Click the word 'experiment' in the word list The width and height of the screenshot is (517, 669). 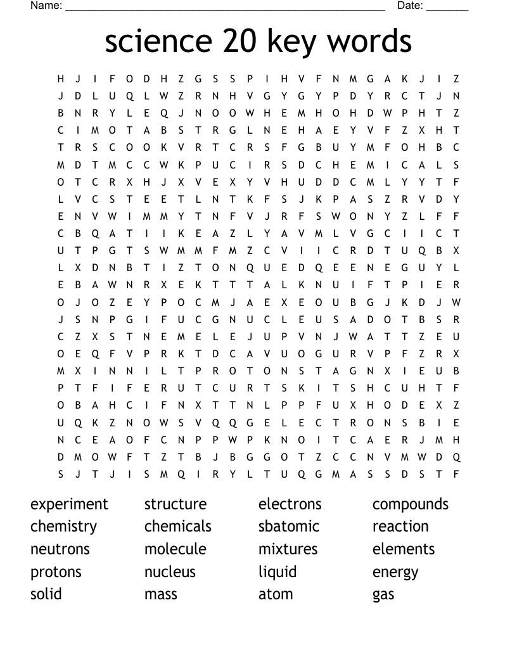point(69,504)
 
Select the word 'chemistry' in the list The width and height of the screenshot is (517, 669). point(63,527)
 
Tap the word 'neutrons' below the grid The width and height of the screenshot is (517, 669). point(60,549)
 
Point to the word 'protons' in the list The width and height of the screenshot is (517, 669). point(56,572)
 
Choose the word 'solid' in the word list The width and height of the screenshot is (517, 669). point(46,594)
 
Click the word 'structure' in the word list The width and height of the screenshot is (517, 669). point(176,504)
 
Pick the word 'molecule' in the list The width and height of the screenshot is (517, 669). point(176,549)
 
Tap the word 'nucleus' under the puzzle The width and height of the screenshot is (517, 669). point(170,572)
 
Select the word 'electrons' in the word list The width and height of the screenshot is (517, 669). point(290,504)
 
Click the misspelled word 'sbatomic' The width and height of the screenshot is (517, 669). point(289,526)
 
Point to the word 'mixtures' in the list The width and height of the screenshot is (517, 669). point(288,549)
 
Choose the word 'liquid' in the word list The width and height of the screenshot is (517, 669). point(278,572)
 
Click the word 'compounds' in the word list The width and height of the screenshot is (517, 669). point(411,504)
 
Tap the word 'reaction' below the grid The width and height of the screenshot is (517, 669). point(400,526)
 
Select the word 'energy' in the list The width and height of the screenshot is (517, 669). point(395,573)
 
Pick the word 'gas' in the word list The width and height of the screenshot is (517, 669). point(383,595)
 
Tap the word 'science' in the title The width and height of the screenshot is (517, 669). point(158,42)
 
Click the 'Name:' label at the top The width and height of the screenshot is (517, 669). point(46,6)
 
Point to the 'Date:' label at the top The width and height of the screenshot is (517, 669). point(410,6)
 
